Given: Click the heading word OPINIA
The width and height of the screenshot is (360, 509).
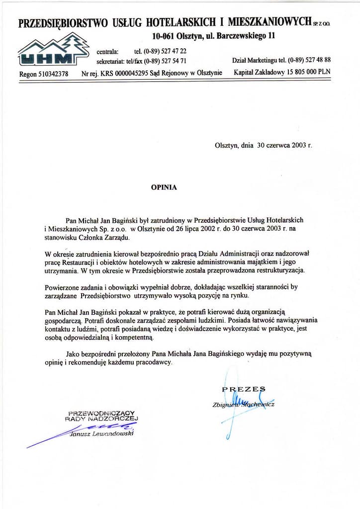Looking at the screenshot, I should pyautogui.click(x=164, y=188).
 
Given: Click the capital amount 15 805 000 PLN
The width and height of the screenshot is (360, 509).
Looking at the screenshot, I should pyautogui.click(x=304, y=72).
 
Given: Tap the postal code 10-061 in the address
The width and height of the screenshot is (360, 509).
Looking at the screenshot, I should pyautogui.click(x=165, y=36).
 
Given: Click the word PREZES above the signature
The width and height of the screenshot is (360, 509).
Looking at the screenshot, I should pyautogui.click(x=244, y=389).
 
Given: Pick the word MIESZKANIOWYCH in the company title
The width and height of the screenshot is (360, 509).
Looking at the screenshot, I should pyautogui.click(x=267, y=22).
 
